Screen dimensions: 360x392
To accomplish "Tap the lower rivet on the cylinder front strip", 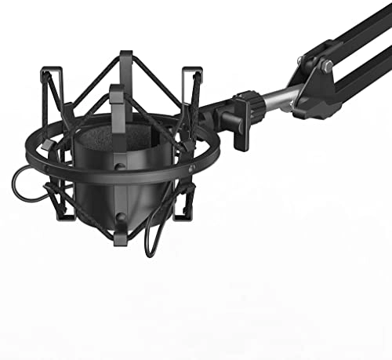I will [119, 216].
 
